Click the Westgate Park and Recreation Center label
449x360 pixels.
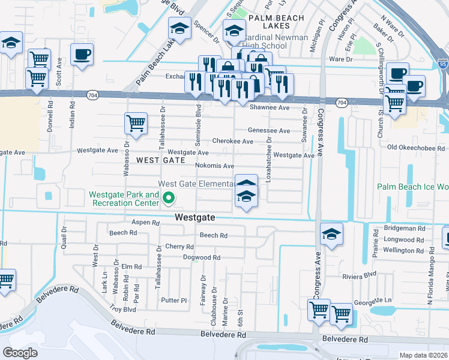(125, 199)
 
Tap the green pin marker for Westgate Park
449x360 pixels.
(169, 197)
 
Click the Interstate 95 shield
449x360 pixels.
(443, 62)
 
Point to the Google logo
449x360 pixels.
(20, 353)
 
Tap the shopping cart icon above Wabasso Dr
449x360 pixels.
(136, 124)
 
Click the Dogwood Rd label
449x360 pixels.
(202, 257)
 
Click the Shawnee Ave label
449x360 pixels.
(270, 107)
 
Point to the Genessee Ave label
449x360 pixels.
(270, 130)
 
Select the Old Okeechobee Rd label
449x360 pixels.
(418, 147)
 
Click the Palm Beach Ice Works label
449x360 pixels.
(413, 187)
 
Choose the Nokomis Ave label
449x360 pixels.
(214, 166)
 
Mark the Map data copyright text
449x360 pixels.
(424, 355)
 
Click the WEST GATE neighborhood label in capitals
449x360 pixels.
(156, 160)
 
